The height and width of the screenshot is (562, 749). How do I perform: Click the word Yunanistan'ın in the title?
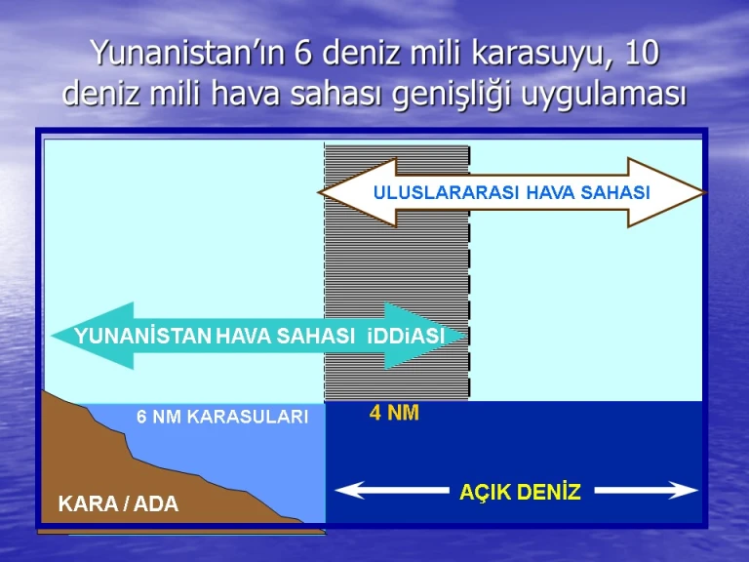coord(188,54)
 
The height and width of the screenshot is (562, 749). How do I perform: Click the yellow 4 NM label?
coord(394,413)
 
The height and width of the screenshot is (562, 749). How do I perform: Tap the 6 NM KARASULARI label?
coord(222,417)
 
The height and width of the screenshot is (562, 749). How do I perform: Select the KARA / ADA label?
coord(118,503)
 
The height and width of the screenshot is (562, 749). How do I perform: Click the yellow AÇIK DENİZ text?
coord(520,492)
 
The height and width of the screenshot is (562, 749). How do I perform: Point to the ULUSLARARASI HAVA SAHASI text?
coord(512,192)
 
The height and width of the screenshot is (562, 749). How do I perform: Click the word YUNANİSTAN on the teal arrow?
coord(142,336)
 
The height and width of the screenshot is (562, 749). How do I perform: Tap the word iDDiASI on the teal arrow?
coord(406,336)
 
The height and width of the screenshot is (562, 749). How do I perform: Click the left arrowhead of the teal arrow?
coord(94,336)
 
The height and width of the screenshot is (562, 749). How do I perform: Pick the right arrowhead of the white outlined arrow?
coord(666,192)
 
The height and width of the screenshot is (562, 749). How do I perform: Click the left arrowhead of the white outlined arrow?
coord(358,192)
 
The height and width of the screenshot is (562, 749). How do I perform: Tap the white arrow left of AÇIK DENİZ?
coord(392,491)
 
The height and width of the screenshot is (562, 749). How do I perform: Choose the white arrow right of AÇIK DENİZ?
coord(647,491)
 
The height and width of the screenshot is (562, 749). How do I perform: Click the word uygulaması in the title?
coord(604,95)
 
